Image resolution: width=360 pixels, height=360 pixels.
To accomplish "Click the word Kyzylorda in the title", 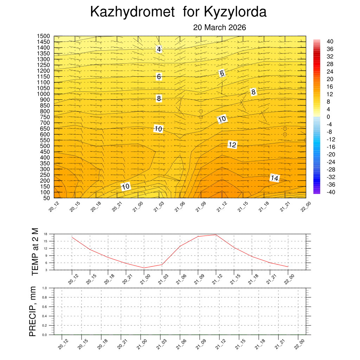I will point(235,12).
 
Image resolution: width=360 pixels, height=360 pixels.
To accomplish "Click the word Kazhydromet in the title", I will point(133,12).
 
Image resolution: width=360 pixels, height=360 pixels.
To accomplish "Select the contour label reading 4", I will point(159,49).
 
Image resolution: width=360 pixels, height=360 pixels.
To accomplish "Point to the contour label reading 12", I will point(232,144).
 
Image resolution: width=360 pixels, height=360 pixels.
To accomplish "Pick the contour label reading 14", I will point(275,179).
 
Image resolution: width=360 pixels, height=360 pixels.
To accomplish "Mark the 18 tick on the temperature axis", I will point(46,234).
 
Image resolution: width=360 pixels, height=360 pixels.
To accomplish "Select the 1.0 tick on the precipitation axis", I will point(45,288).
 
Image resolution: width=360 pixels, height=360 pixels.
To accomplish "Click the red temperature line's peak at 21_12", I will point(216,235).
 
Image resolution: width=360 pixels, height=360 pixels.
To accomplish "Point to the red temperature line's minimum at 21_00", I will point(144,268).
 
